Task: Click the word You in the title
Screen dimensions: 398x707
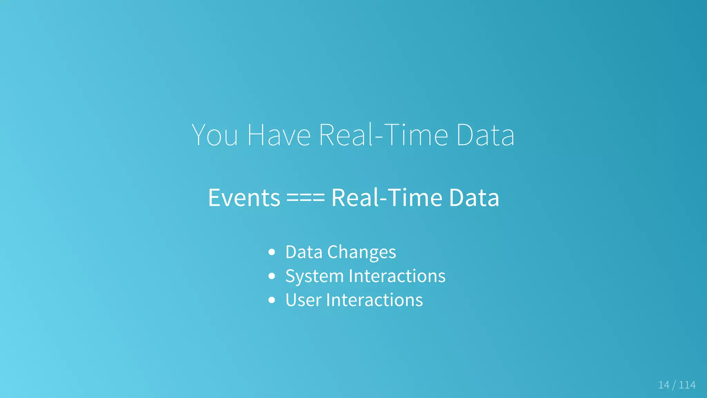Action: [214, 135]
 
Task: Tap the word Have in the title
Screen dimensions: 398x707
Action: [279, 135]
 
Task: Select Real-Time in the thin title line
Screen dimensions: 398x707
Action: [383, 135]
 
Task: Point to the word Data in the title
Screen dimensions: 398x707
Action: [485, 135]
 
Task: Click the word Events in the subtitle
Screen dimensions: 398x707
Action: [244, 198]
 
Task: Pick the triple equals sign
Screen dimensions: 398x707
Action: [306, 198]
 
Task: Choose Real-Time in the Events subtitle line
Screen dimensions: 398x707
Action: [387, 198]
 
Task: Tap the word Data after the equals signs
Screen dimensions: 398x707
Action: [474, 198]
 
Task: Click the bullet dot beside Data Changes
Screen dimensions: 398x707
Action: [272, 252]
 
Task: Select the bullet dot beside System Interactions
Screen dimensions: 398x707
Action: [272, 276]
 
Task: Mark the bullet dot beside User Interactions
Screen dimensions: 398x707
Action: [272, 300]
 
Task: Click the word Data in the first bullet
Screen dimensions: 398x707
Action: [304, 252]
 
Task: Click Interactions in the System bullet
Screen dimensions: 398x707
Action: [397, 276]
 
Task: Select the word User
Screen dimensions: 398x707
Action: [303, 300]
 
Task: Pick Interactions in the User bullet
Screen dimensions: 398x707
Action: [374, 300]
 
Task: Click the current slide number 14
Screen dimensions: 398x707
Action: [664, 385]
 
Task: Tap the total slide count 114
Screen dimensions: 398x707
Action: [687, 385]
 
